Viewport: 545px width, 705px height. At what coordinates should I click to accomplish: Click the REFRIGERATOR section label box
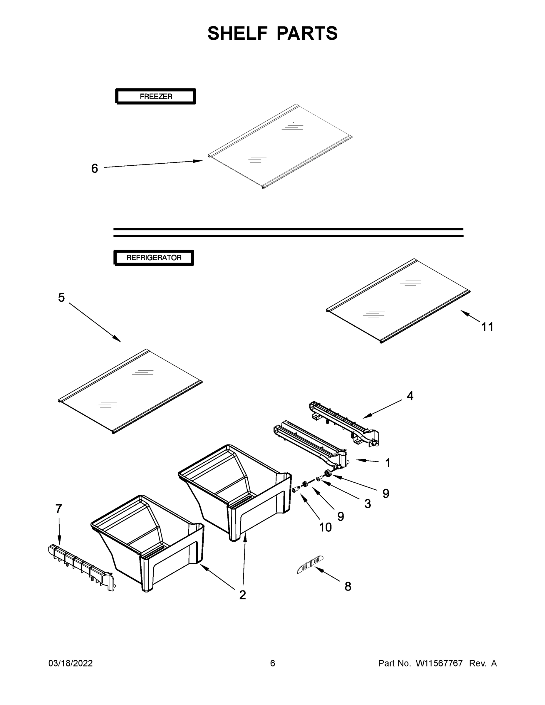154,258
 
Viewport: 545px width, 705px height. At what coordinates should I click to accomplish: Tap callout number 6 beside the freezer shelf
94,168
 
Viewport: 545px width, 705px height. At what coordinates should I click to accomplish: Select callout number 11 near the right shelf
487,327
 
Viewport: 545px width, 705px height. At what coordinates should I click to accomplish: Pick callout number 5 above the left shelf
61,297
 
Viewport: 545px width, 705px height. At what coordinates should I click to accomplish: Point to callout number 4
410,395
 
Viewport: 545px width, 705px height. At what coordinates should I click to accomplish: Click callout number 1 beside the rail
388,463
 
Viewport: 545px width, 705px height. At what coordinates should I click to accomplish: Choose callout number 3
368,503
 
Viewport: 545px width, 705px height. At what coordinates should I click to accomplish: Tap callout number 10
325,527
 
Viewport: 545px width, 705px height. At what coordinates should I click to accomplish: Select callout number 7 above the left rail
58,509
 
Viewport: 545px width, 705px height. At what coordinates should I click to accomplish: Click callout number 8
348,586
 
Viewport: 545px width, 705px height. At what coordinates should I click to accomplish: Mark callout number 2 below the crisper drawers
242,595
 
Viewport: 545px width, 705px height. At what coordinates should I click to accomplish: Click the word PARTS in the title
307,33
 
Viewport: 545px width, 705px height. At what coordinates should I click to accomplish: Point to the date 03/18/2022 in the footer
71,663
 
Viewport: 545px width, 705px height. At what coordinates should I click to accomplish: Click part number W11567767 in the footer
439,663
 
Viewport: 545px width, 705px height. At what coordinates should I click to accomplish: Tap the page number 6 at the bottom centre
273,663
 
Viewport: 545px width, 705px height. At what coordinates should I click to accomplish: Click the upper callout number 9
385,493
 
